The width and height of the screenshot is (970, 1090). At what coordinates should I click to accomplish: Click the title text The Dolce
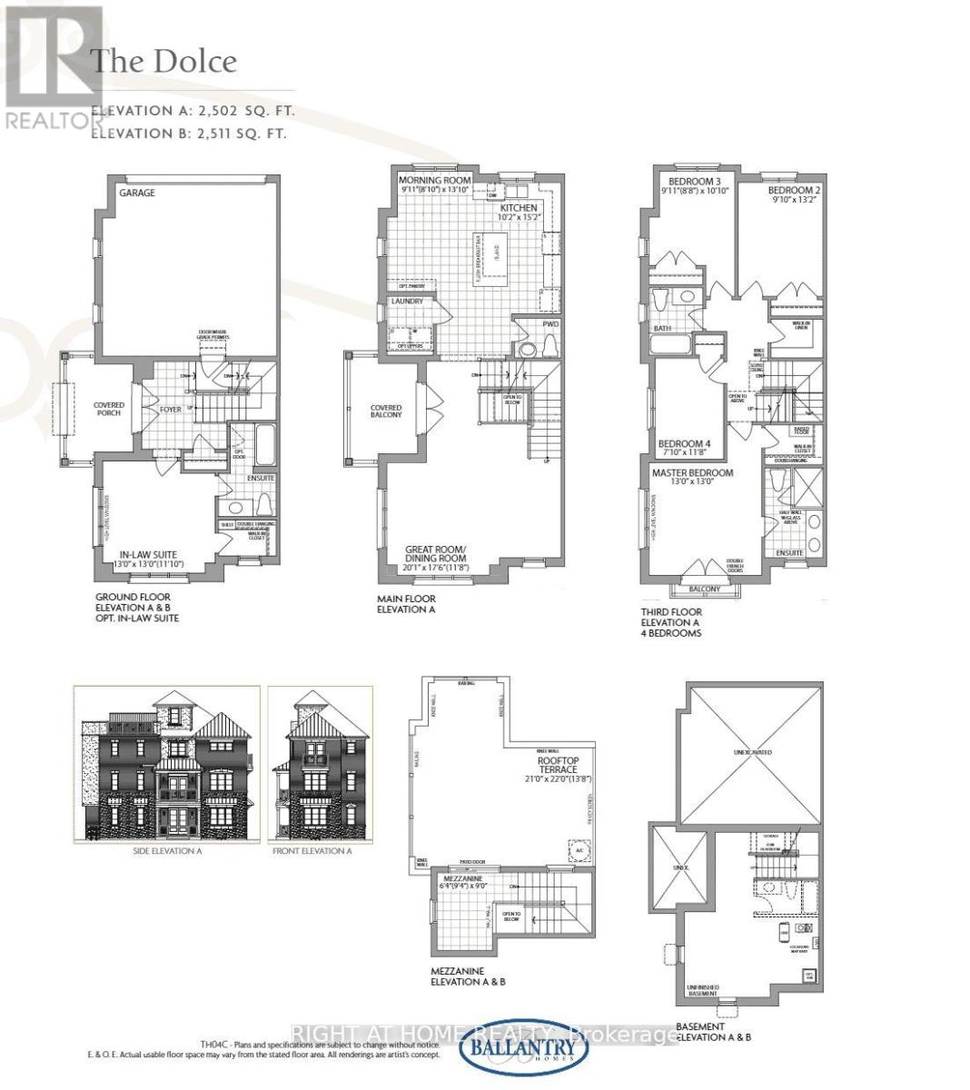click(x=164, y=62)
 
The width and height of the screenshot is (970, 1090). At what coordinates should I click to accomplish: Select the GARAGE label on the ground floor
click(x=136, y=193)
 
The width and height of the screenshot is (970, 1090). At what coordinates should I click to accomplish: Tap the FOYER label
click(x=172, y=409)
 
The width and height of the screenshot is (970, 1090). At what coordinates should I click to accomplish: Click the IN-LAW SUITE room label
click(x=149, y=553)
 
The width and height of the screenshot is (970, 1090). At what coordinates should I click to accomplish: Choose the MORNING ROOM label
click(x=434, y=180)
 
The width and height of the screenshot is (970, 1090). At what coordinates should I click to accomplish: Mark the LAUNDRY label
click(x=408, y=302)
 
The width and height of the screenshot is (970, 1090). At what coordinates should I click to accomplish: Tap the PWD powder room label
click(x=550, y=323)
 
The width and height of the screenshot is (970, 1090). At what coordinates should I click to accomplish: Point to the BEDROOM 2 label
click(x=794, y=191)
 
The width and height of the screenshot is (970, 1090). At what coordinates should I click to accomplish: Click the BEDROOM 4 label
click(x=684, y=443)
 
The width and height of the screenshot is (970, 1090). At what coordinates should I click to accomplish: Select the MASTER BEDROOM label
click(x=692, y=473)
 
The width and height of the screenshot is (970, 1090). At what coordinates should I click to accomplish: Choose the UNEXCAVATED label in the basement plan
click(x=753, y=753)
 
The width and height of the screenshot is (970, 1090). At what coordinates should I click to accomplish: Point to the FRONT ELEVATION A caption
click(x=312, y=851)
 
